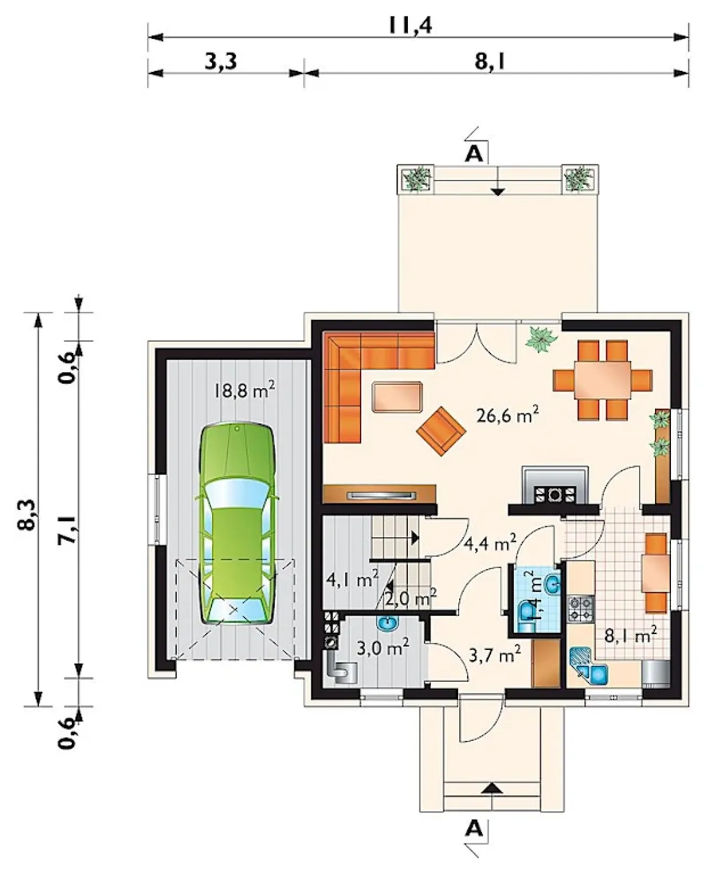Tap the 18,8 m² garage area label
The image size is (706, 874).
[244, 390]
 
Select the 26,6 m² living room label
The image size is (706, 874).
[507, 416]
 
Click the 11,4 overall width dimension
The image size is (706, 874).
[411, 26]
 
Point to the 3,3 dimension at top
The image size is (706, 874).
[221, 62]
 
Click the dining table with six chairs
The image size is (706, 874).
[602, 380]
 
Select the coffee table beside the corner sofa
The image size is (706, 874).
[397, 396]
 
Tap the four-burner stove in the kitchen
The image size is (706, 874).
[581, 608]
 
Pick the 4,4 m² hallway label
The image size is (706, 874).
[490, 544]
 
